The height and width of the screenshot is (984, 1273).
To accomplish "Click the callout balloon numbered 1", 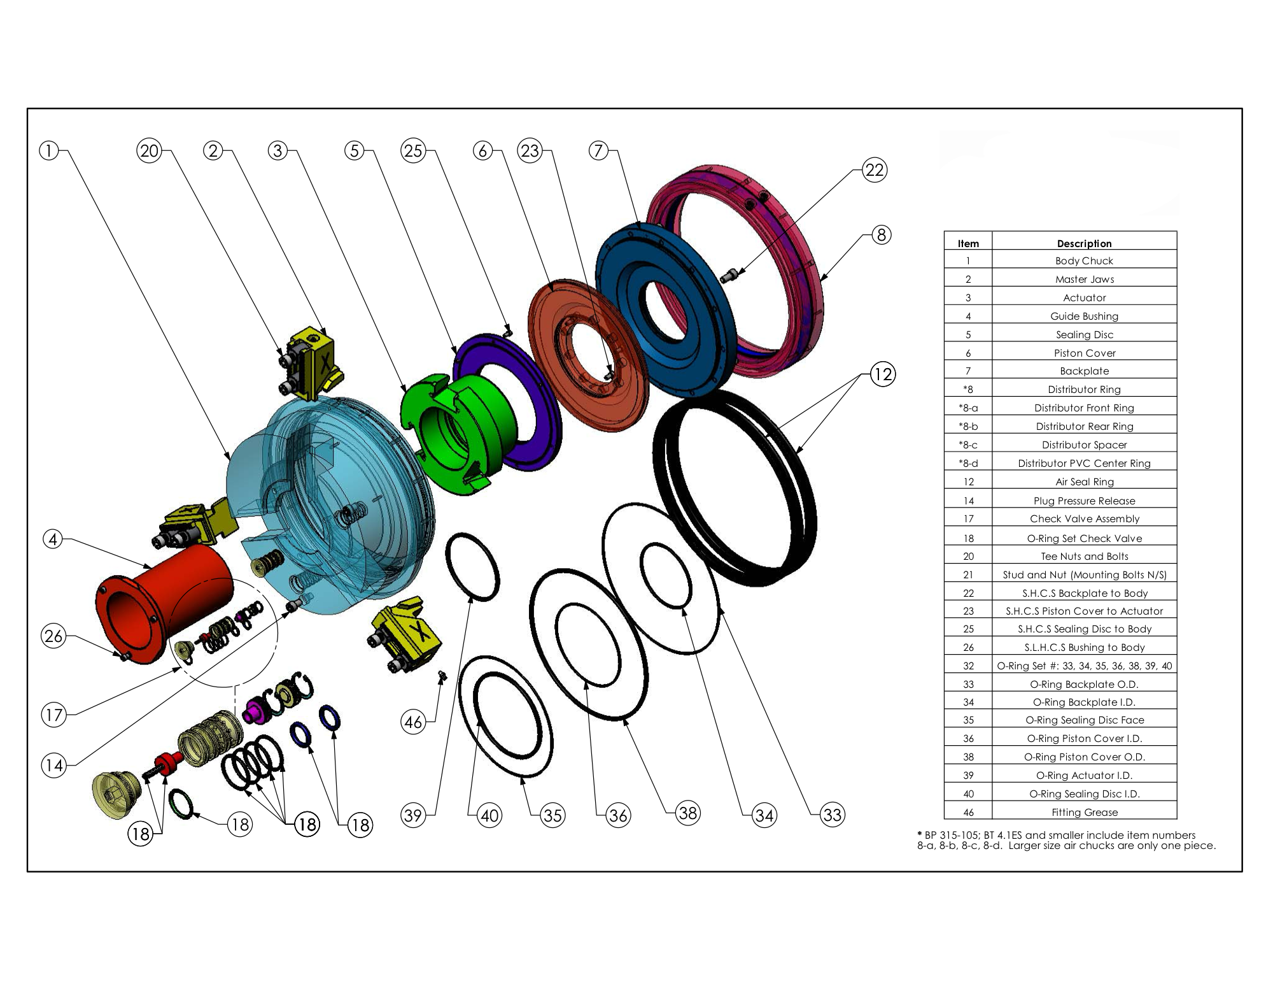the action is (49, 151).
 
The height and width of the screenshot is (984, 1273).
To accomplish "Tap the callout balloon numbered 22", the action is (875, 170).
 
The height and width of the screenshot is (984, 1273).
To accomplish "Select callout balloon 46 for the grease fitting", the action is (414, 722).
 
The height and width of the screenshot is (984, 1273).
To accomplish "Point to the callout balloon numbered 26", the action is (53, 636).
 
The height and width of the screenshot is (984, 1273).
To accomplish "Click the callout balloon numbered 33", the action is (833, 815).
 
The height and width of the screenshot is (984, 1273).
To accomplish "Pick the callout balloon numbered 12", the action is (882, 374).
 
